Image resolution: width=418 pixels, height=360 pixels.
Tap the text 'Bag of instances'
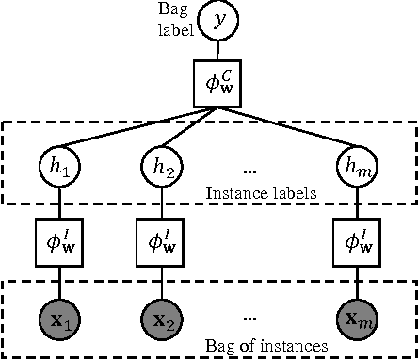[x=266, y=345]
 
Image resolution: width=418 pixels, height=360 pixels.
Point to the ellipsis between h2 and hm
[x=250, y=171]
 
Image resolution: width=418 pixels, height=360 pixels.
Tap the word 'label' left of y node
[x=175, y=28]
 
